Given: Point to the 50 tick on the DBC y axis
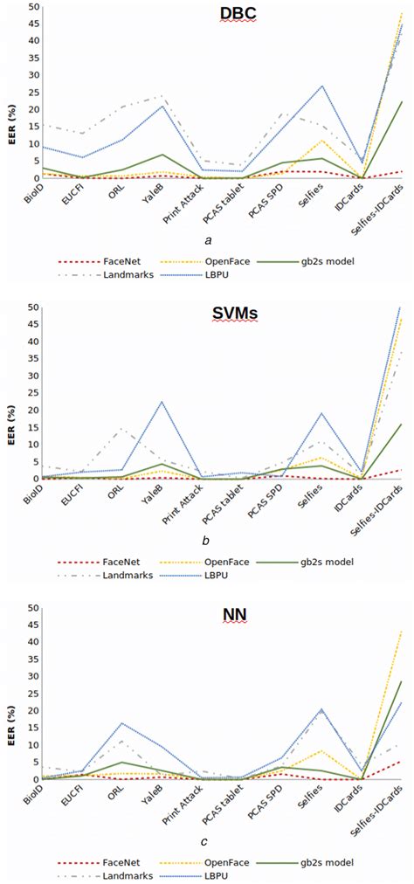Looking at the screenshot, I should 32,6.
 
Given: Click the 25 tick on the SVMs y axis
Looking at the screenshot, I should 32,393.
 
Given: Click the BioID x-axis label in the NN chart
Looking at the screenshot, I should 32,796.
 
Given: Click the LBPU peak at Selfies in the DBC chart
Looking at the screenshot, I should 322,86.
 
